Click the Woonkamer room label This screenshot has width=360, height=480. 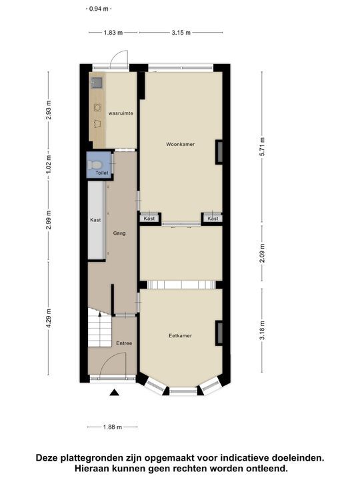(x=181, y=144)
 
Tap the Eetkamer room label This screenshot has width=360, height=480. (x=180, y=335)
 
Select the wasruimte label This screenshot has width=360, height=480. (x=121, y=113)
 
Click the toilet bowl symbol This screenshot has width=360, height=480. (x=97, y=163)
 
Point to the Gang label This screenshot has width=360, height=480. (x=119, y=233)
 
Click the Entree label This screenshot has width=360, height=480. (x=124, y=343)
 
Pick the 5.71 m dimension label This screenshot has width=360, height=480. (x=262, y=147)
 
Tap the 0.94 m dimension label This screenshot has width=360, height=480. (x=100, y=9)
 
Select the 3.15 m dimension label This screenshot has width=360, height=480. (x=181, y=32)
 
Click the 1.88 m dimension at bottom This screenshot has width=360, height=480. (x=112, y=427)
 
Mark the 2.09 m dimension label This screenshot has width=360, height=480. (x=262, y=253)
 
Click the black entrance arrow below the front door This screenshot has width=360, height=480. (x=114, y=393)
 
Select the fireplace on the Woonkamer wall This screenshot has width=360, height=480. (x=218, y=152)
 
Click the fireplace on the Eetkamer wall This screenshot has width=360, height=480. (x=218, y=332)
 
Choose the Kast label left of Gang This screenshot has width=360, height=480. (x=95, y=220)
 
